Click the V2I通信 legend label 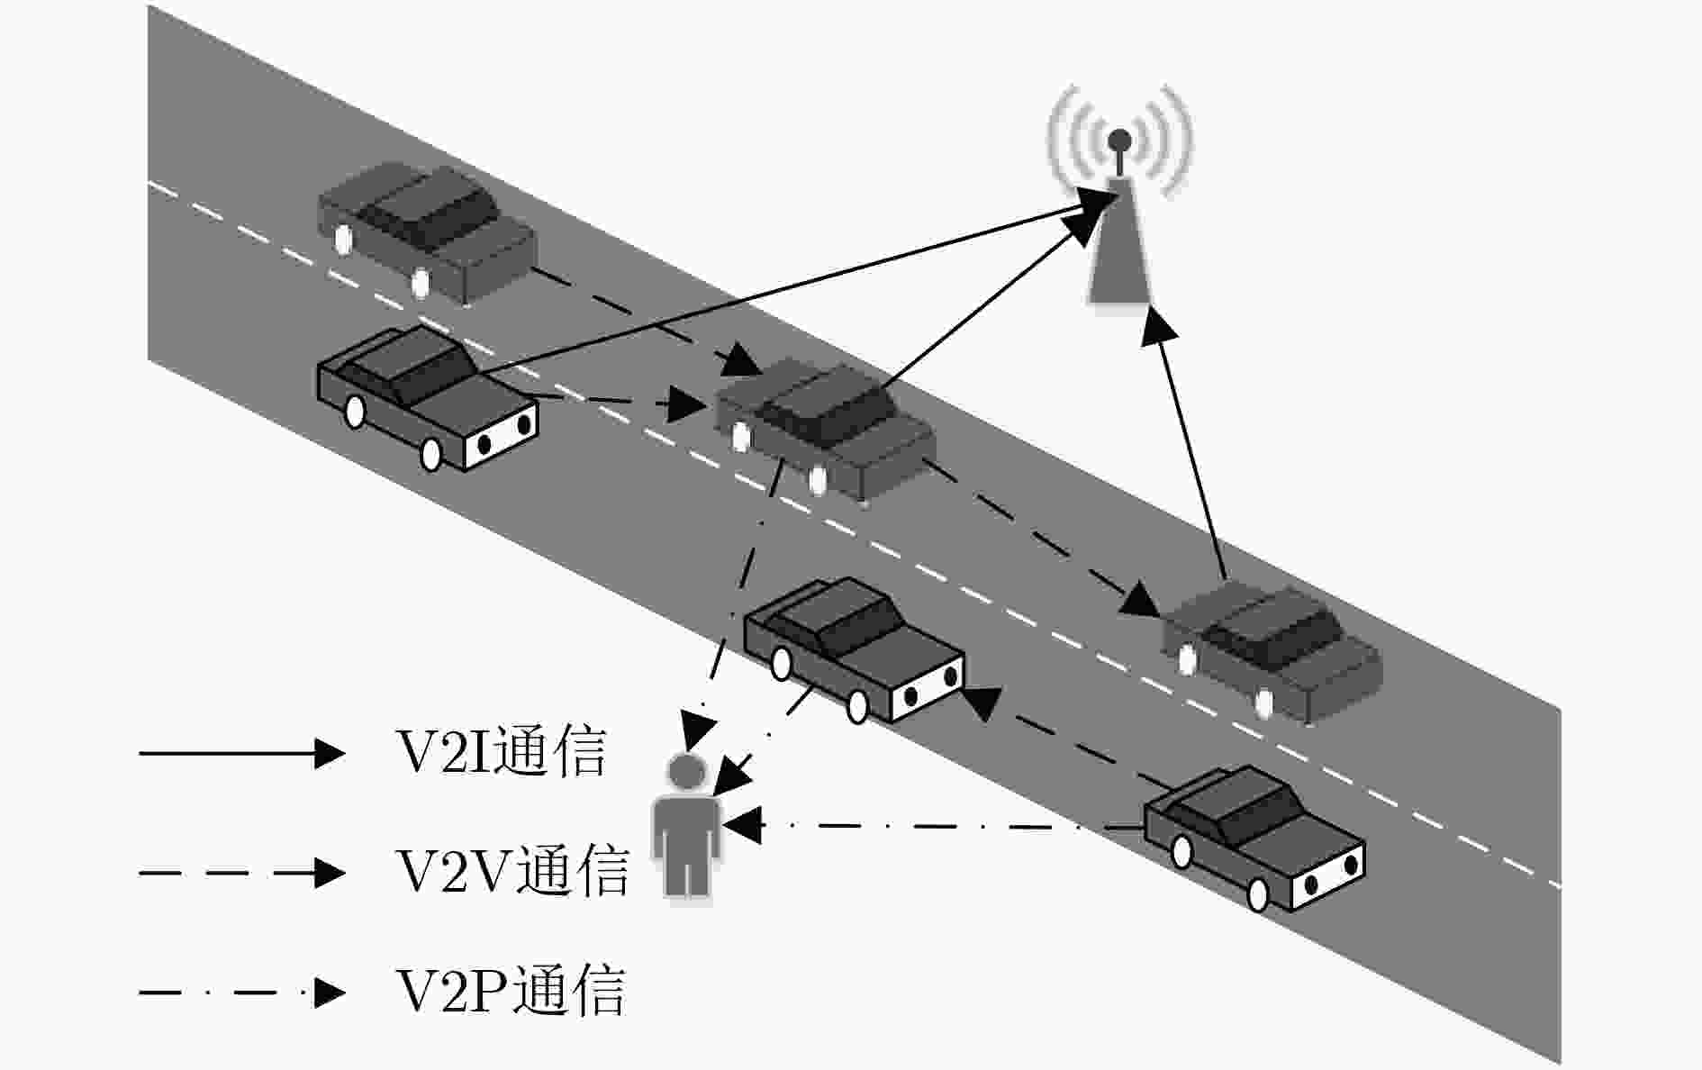(501, 752)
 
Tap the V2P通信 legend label (511, 992)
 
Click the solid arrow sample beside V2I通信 (242, 752)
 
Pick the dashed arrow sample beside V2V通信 (242, 872)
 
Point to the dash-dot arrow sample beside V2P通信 (242, 993)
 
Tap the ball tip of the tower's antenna (1119, 140)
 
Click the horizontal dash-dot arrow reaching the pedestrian (933, 824)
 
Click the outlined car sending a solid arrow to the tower (428, 396)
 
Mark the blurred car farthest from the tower (427, 232)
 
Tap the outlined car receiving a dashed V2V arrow (855, 648)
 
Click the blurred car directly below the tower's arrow (1272, 650)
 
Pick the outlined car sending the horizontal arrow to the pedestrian (1254, 837)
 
